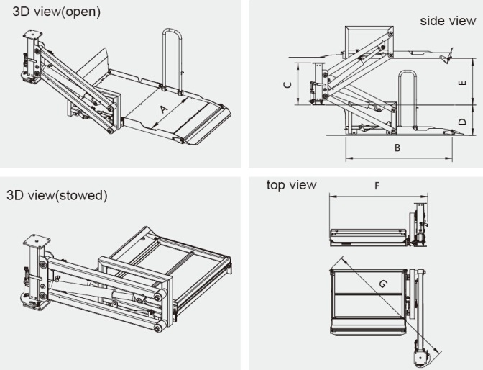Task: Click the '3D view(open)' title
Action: [x=57, y=12]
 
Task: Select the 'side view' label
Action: [x=448, y=21]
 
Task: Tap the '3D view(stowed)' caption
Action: [x=57, y=195]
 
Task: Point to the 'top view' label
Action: [x=291, y=186]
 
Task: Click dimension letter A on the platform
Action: [x=163, y=109]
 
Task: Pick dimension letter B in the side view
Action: [x=397, y=148]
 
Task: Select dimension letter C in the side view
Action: [x=287, y=85]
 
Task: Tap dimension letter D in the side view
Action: [x=462, y=122]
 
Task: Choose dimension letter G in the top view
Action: [x=382, y=284]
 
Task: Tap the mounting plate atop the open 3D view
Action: [x=34, y=35]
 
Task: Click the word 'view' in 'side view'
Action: [x=464, y=21]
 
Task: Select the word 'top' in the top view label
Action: [x=276, y=186]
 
